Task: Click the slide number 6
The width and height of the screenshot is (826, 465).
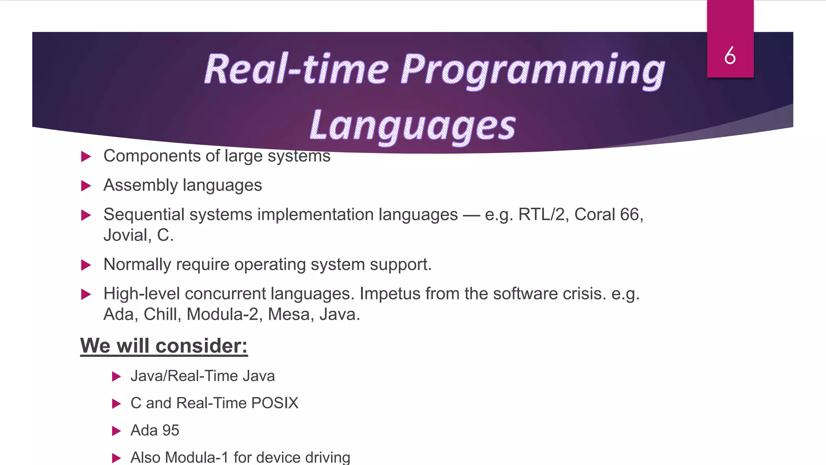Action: pyautogui.click(x=730, y=56)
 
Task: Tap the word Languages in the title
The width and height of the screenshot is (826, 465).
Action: pyautogui.click(x=413, y=126)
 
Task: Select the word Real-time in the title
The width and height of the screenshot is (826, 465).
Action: pyautogui.click(x=296, y=69)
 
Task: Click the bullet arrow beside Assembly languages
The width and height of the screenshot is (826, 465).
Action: pyautogui.click(x=86, y=186)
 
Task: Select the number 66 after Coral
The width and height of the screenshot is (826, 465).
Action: pyautogui.click(x=629, y=214)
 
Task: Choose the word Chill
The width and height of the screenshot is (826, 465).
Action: pyautogui.click(x=161, y=314)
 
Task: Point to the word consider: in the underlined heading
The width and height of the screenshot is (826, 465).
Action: pyautogui.click(x=201, y=346)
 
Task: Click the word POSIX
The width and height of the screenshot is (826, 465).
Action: pyautogui.click(x=274, y=403)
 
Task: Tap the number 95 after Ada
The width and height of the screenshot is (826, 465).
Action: pyautogui.click(x=171, y=430)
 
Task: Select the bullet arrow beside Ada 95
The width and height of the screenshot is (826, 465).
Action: pyautogui.click(x=116, y=431)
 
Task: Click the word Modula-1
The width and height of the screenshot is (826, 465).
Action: pyautogui.click(x=196, y=457)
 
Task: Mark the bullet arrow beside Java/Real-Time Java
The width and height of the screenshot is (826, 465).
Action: pyautogui.click(x=116, y=377)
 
